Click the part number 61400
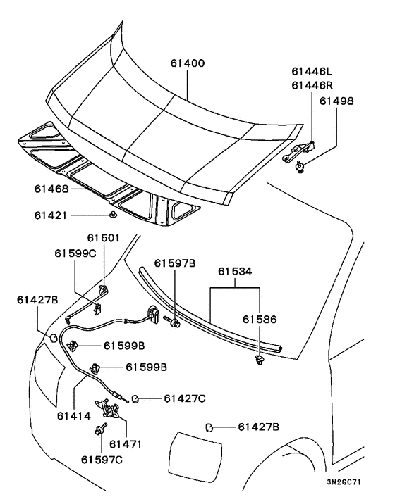click(x=188, y=63)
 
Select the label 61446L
click(x=312, y=71)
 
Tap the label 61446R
click(x=312, y=85)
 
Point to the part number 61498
click(x=336, y=101)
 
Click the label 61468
click(x=51, y=189)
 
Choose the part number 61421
click(x=51, y=215)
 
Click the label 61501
click(x=104, y=238)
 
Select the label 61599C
click(x=75, y=253)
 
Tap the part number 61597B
click(x=175, y=263)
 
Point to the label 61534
click(x=235, y=271)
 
